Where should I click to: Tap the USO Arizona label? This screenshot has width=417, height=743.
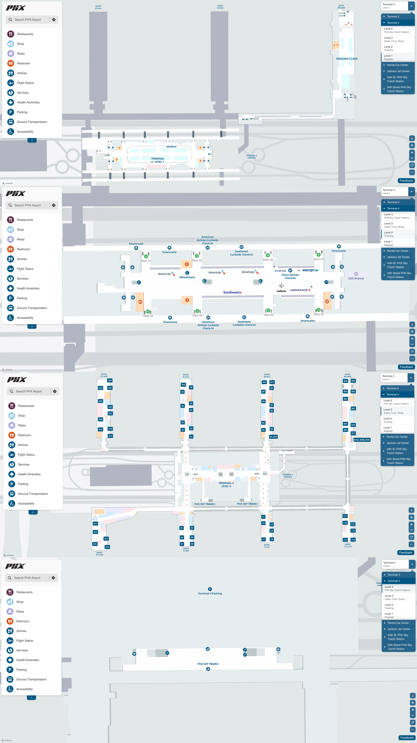coord(356,278)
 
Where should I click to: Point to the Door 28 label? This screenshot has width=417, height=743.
coord(319,314)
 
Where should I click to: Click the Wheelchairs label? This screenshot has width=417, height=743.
coord(187,277)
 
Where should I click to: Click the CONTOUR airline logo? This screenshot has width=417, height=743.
coord(280,271)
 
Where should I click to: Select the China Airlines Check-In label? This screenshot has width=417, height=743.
coord(290,276)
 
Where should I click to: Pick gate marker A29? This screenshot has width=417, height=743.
coord(110,380)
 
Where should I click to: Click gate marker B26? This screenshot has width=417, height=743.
coord(345,381)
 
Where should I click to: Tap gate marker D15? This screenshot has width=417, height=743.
coord(95,544)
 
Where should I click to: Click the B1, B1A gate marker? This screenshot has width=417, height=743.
coord(273,437)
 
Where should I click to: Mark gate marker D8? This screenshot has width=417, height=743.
coord(192,544)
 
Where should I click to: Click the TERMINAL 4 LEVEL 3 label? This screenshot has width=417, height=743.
coord(226,485)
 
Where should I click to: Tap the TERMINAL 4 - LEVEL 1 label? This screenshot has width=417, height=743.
coord(157,160)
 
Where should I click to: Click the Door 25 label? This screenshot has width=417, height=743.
coord(268,260)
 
